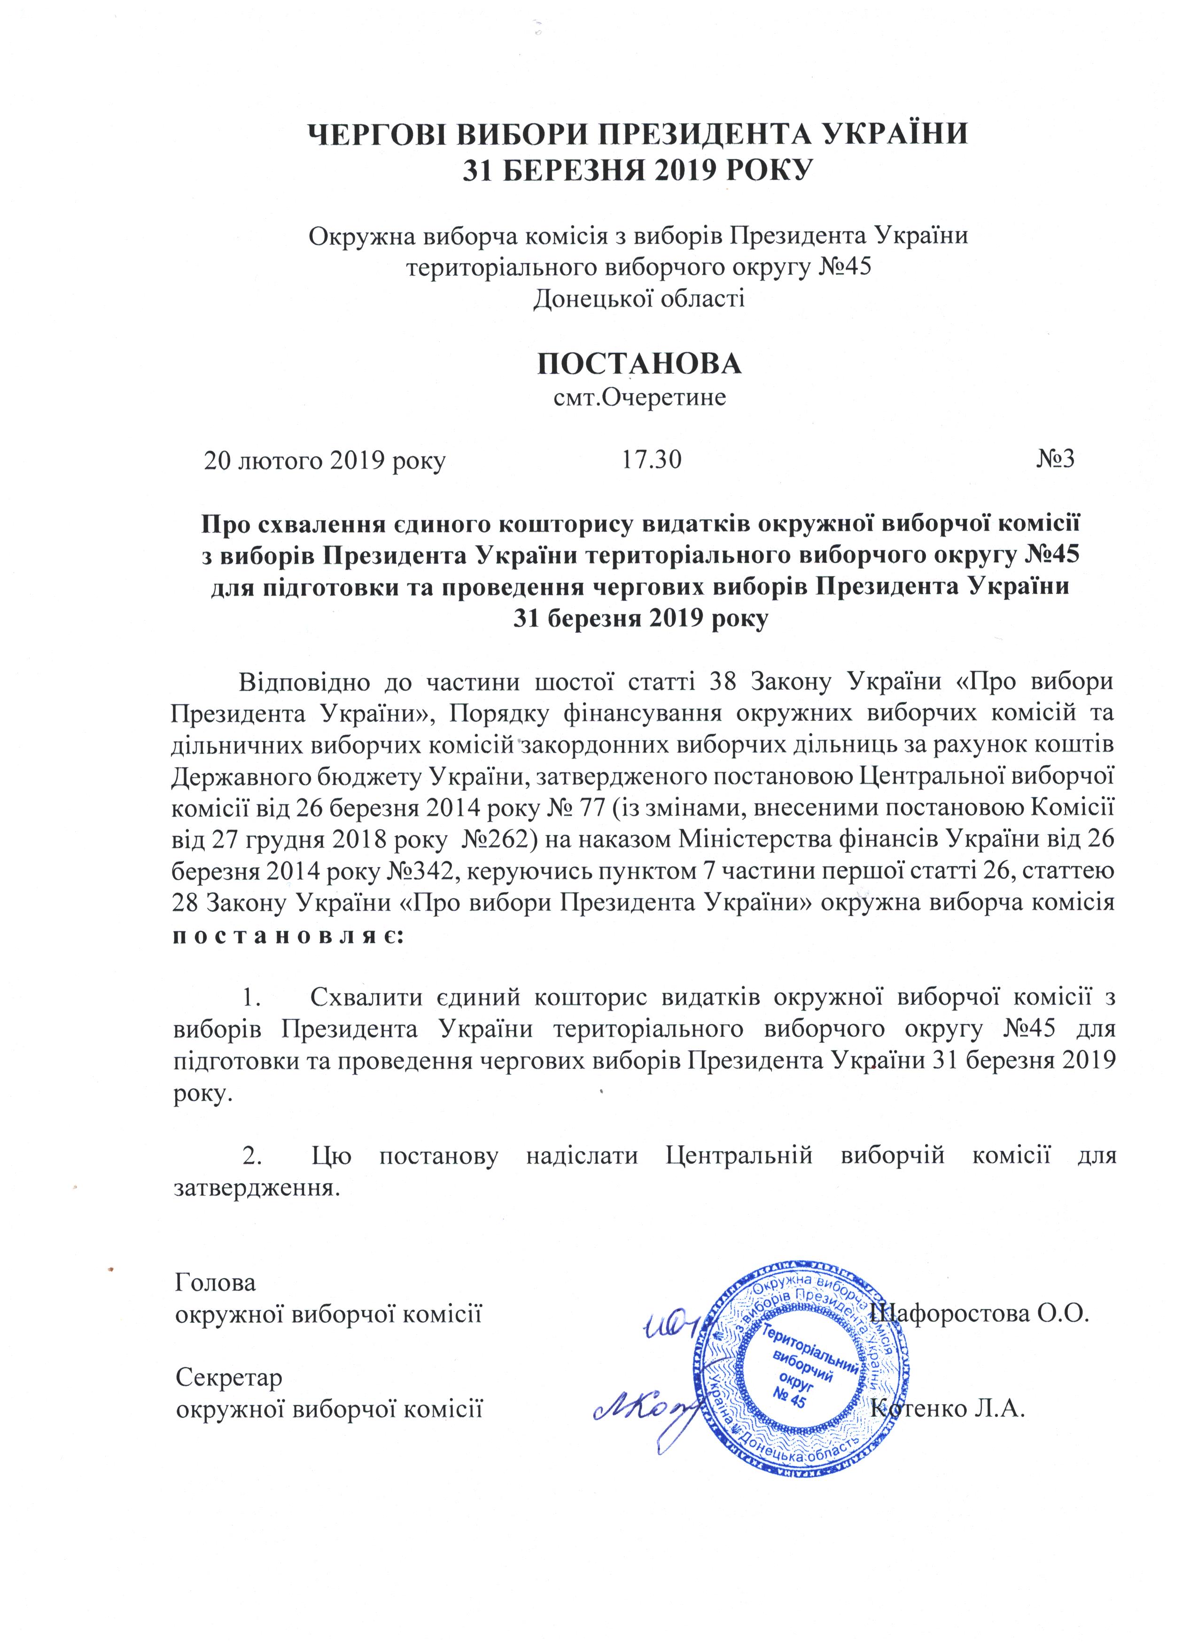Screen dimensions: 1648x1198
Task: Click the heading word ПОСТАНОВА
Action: (639, 364)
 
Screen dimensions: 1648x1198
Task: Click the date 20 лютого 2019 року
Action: (324, 461)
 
